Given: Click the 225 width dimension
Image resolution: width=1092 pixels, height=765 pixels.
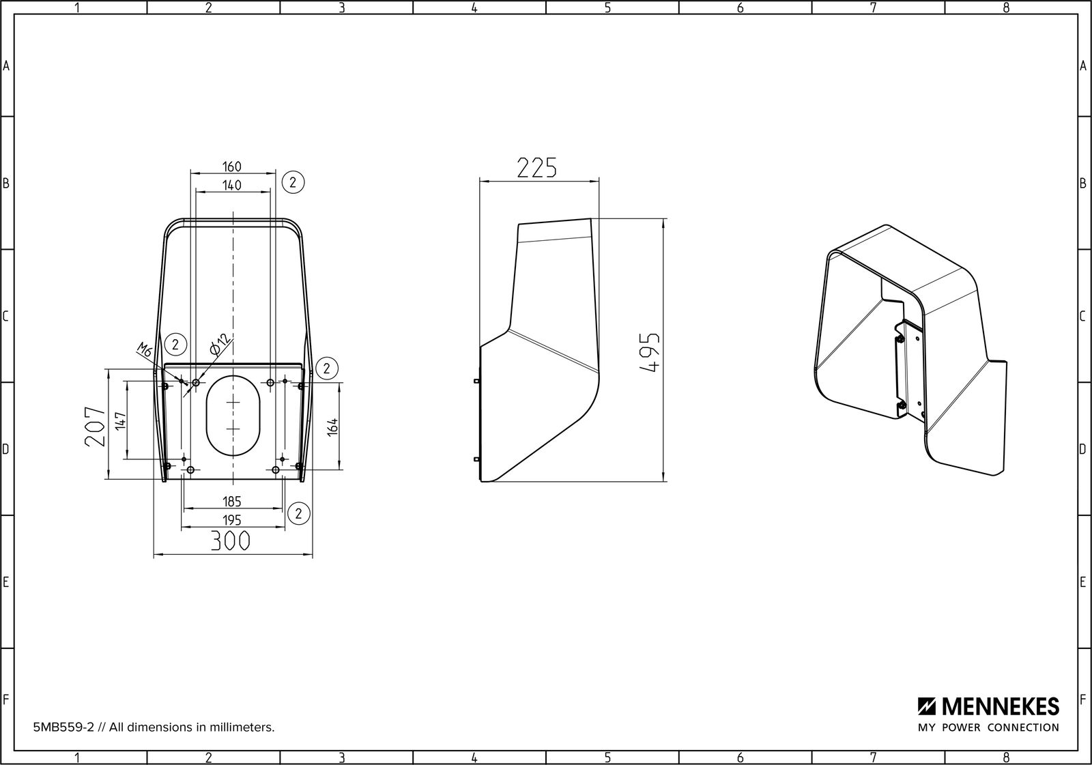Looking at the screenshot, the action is coord(536,168).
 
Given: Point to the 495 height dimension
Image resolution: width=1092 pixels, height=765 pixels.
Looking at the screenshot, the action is coord(649,353).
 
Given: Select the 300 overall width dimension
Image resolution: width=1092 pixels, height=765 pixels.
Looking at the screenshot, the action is coord(230,540).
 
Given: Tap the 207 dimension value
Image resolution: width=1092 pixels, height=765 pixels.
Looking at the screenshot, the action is coord(95,427).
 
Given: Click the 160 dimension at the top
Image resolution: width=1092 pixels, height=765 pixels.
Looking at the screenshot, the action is coord(232,167).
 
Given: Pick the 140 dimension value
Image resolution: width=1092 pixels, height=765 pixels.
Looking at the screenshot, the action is coord(232,185).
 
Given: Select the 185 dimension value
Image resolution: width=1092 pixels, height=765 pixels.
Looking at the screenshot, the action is coord(232,501).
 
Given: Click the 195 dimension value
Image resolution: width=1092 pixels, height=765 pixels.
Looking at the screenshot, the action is coord(232,520).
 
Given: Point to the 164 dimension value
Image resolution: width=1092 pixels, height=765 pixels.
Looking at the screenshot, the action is coord(332,427).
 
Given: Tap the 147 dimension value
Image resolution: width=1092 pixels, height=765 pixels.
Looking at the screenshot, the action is coord(120,421).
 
